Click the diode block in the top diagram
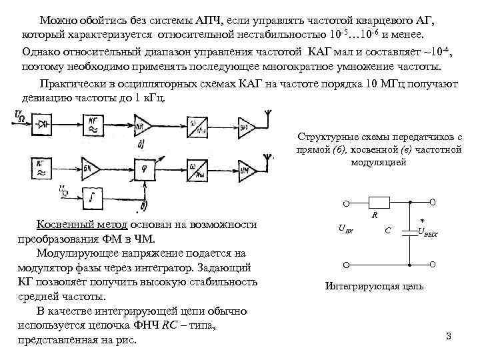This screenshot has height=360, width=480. tap(44, 125)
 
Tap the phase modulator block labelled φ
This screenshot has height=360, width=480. tap(145, 169)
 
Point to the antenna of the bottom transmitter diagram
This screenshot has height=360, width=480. tap(268, 159)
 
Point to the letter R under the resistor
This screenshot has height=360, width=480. tap(375, 215)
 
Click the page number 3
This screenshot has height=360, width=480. tap(448, 336)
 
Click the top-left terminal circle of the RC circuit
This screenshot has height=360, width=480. tap(346, 203)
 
